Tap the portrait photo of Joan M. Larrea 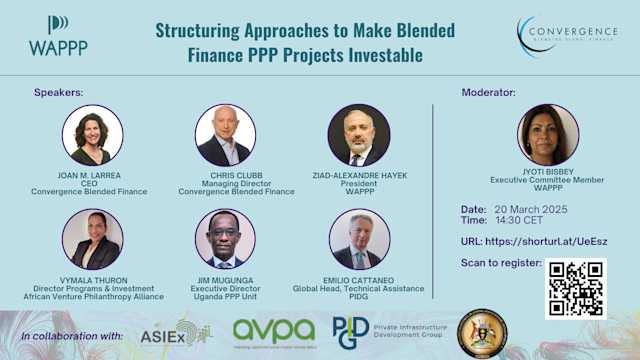click(x=92, y=135)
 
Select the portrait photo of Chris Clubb click(x=225, y=135)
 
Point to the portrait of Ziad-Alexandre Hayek click(x=358, y=135)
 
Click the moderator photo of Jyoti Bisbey click(x=548, y=135)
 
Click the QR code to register click(x=576, y=288)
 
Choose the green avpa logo click(x=273, y=331)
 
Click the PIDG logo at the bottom click(x=351, y=331)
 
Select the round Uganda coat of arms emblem click(x=482, y=333)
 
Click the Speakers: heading click(x=59, y=92)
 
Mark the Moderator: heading click(x=488, y=92)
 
